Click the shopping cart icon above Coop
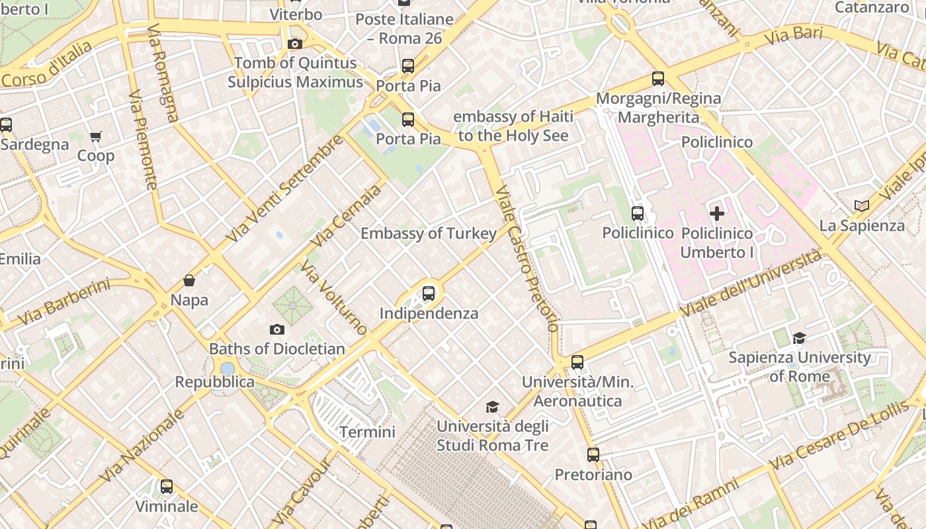coord(96,137)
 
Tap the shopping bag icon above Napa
coord(189,280)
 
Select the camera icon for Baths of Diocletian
coord(277,329)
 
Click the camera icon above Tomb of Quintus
coord(295,44)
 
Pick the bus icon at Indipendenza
coord(429,293)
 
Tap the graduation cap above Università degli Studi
coord(492,407)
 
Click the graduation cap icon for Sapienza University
coord(799,339)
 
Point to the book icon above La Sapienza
coord(861,206)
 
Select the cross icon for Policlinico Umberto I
coord(717,214)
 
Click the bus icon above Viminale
coord(167,487)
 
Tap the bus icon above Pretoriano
coord(593,455)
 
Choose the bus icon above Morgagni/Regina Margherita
coord(658,79)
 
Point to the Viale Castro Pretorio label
coord(527,258)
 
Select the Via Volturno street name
coord(334,298)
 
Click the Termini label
coord(367,432)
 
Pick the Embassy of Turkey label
coord(428,233)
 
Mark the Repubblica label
coord(214,382)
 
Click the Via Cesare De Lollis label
coord(839,434)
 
